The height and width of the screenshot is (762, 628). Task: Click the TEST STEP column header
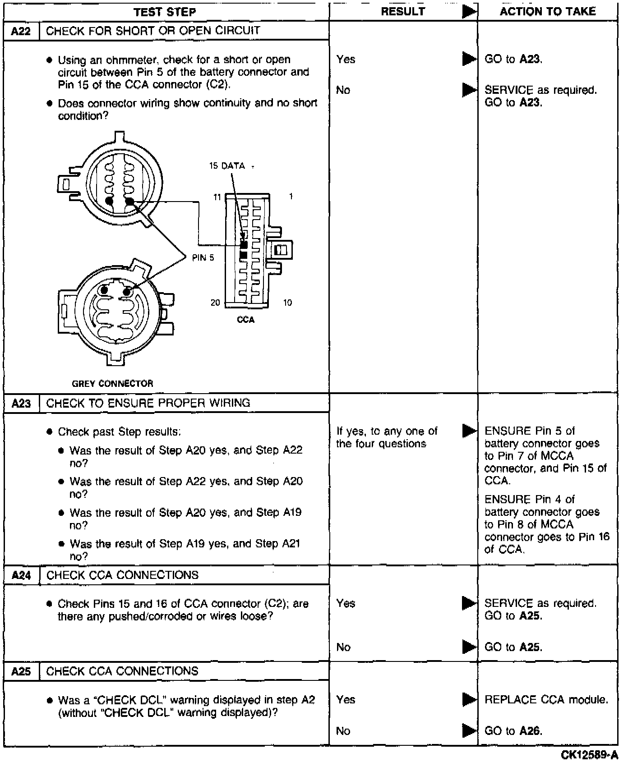165,12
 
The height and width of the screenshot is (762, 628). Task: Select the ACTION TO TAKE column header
548,11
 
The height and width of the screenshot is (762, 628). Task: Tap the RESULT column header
403,12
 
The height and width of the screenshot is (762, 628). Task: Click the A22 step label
21,31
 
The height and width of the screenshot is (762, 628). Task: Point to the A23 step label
21,403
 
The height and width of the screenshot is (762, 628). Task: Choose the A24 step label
21,575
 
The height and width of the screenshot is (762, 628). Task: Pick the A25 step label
21,671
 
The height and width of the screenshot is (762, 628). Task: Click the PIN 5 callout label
203,258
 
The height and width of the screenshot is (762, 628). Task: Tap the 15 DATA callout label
227,166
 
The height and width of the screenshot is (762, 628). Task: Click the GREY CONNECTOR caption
113,384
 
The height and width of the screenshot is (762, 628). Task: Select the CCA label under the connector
246,320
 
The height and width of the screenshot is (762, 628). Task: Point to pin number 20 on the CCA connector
216,303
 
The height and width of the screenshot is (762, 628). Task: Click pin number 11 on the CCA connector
217,197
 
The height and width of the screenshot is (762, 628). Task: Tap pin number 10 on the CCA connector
287,303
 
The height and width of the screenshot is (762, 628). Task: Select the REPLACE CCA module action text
546,700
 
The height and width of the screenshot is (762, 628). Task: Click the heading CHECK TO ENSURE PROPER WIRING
148,403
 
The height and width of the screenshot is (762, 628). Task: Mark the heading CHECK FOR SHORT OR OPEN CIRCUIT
153,31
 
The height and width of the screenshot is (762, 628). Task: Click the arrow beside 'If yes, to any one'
470,431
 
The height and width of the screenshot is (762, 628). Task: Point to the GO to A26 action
513,731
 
